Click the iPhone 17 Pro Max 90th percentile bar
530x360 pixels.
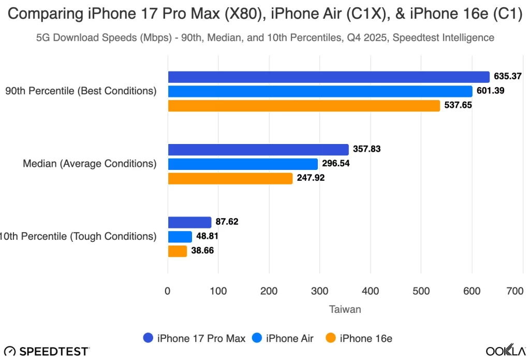328,77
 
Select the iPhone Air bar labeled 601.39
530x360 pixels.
320,91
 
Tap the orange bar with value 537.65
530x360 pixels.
304,106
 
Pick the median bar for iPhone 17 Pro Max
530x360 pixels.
258,150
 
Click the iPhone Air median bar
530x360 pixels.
243,164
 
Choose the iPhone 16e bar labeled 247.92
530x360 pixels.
230,179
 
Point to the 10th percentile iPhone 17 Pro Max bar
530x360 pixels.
189,222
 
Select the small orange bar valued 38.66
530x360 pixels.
178,251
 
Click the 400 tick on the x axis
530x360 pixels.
371,291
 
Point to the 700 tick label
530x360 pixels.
516,291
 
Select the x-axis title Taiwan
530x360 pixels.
345,309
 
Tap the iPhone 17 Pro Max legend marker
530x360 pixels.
148,339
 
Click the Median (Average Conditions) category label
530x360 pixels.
90,164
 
